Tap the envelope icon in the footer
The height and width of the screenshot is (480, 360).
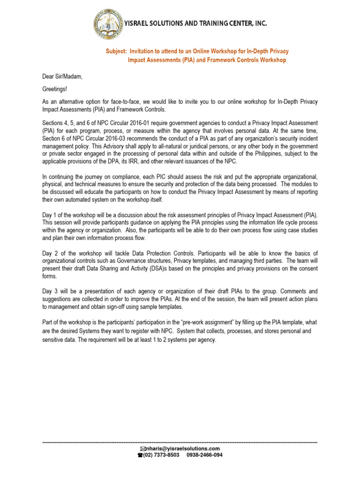[x=143, y=449]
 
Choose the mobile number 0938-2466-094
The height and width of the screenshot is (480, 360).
[x=204, y=455]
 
